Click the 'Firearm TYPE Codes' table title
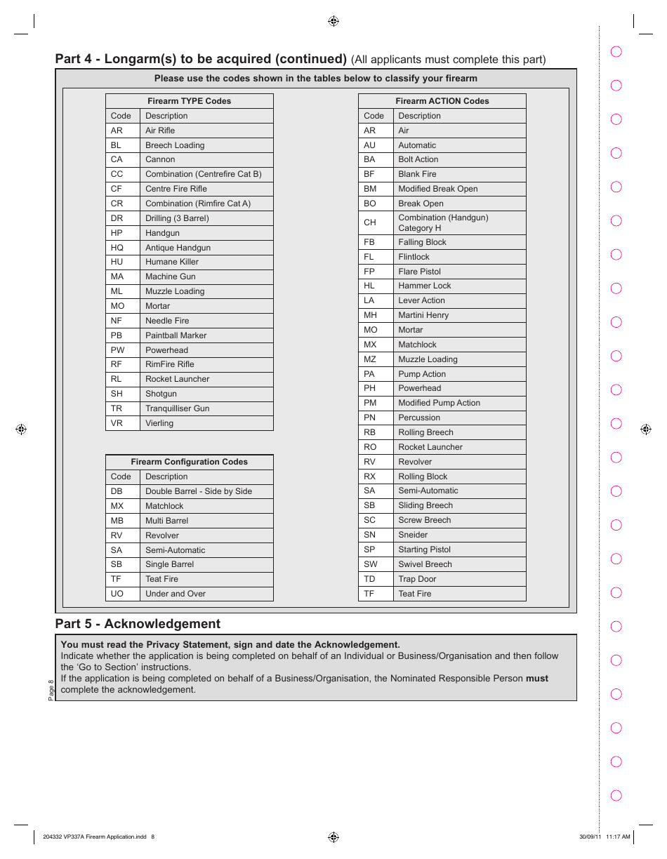pos(189,101)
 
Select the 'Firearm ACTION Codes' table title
pos(442,101)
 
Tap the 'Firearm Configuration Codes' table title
pos(189,462)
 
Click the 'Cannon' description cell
pos(160,159)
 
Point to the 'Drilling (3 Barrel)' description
pos(177,218)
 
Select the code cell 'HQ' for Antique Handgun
pos(117,248)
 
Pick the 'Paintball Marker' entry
pos(176,335)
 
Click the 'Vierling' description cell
pos(159,423)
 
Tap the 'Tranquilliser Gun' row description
pos(177,408)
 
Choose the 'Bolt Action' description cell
pos(418,159)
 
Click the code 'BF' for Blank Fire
pos(369,174)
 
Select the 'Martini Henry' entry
pos(423,315)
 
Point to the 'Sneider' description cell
pos(413,535)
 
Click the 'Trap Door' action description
pos(417,579)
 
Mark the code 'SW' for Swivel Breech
pos(370,564)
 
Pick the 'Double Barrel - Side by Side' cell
pos(198,491)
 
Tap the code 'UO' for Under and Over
pos(117,594)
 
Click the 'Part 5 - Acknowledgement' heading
pos(138,624)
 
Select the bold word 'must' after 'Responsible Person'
pos(537,679)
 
